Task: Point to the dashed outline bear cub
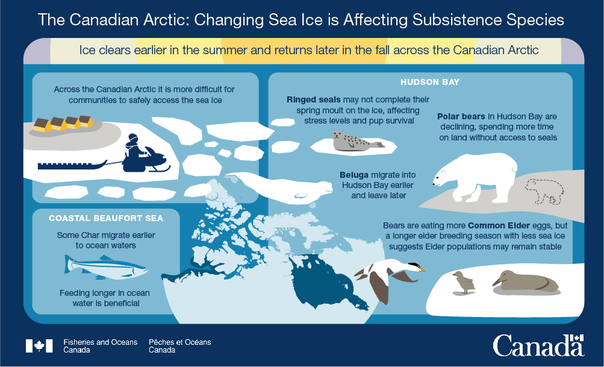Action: [x=544, y=192]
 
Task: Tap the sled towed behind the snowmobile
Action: [x=69, y=164]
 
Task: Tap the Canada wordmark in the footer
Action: [x=538, y=346]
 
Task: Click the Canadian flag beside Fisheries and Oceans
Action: [x=39, y=345]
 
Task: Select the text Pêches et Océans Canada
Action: [x=179, y=346]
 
